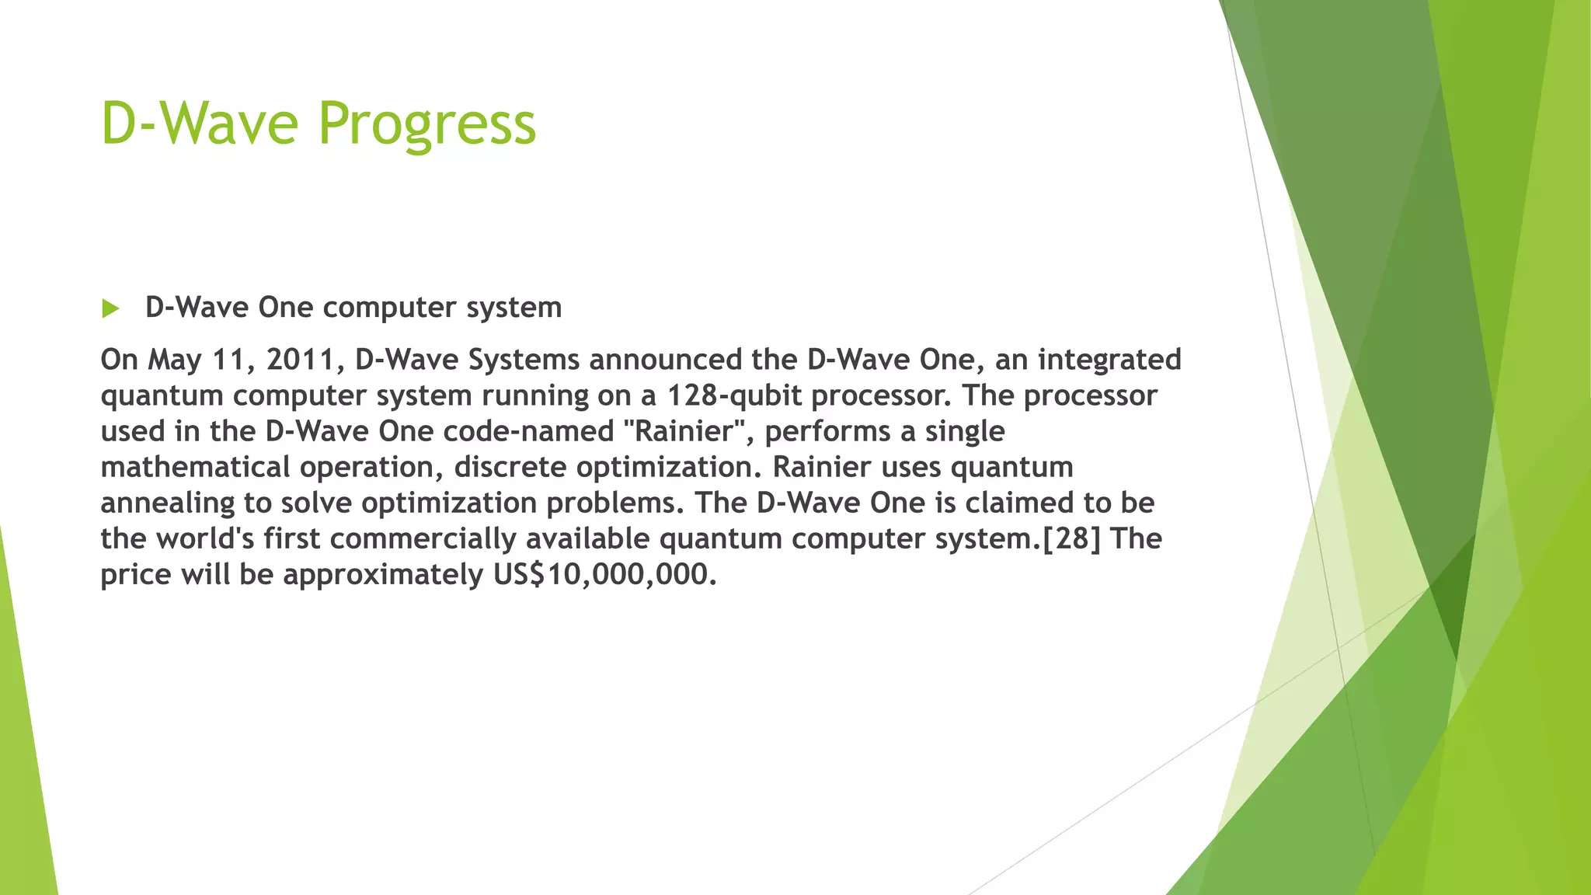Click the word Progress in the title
point(426,124)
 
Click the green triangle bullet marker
point(110,309)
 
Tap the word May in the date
point(174,360)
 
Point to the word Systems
point(524,360)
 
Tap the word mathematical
point(195,468)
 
